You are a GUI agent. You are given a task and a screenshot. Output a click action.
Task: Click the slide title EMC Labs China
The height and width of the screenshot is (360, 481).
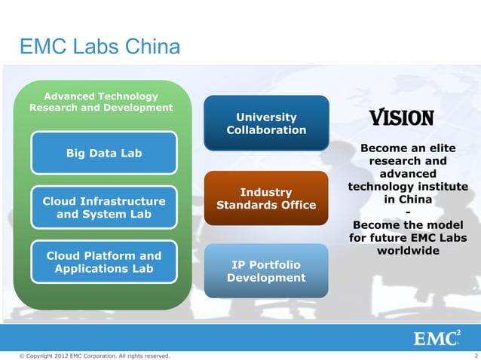pos(100,48)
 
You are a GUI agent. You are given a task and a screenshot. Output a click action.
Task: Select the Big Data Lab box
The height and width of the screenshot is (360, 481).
pos(104,154)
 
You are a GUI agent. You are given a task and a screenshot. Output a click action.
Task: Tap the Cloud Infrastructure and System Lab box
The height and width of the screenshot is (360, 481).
pos(104,208)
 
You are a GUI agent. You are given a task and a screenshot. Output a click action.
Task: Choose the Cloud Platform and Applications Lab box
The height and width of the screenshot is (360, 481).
pos(104,262)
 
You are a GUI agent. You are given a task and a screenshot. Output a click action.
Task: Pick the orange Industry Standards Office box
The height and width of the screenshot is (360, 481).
pos(266,199)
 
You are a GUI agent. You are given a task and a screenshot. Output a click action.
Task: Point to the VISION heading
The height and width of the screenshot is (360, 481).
pos(400,119)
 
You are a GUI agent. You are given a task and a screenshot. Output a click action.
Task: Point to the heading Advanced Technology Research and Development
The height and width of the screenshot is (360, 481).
pos(101,102)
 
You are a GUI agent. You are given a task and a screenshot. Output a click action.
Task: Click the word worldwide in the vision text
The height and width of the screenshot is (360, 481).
pos(408,251)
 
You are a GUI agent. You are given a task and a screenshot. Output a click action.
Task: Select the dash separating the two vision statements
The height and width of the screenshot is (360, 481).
pos(408,212)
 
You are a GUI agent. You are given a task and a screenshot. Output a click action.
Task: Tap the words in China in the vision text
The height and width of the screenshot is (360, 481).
pos(408,200)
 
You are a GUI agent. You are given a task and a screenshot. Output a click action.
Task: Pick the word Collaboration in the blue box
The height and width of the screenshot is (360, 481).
pos(266,130)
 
